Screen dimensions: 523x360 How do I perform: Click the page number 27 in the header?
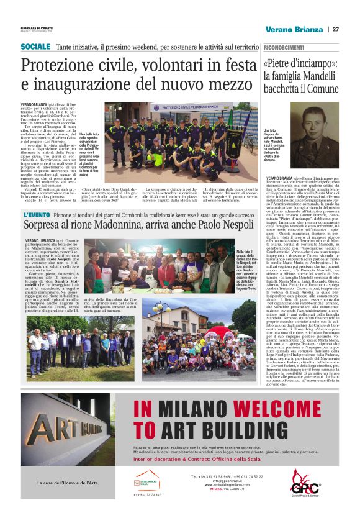pyautogui.click(x=335, y=29)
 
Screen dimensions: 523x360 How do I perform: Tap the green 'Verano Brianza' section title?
pyautogui.click(x=293, y=29)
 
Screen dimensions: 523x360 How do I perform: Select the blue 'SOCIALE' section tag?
pyautogui.click(x=35, y=47)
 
